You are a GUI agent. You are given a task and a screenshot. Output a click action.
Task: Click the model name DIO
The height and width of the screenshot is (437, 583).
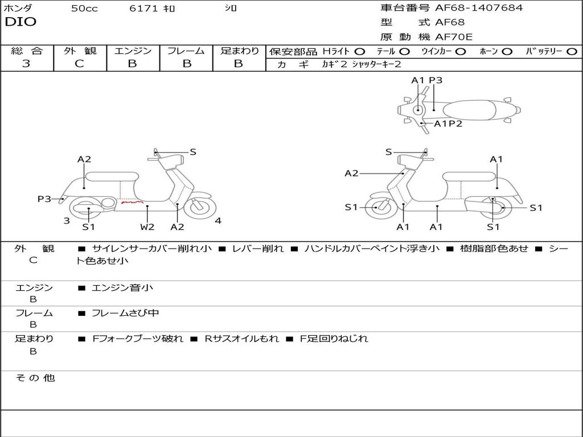click(20, 22)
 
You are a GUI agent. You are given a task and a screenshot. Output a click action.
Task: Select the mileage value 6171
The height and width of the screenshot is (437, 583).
click(143, 9)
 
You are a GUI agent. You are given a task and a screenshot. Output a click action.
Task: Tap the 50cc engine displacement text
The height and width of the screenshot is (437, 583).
click(84, 9)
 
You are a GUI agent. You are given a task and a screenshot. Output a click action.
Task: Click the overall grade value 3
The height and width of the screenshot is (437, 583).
click(26, 64)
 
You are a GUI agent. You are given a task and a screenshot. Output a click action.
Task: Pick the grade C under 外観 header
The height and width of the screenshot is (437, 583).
click(79, 64)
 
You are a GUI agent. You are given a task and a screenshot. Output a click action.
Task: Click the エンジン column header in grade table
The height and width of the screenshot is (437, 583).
click(133, 51)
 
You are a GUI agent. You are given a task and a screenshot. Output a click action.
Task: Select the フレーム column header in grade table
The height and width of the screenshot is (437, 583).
click(186, 51)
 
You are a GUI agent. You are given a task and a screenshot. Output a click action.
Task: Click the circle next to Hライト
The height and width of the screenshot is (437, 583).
click(360, 51)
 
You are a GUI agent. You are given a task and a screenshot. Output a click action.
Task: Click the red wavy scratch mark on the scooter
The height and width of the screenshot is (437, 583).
click(132, 201)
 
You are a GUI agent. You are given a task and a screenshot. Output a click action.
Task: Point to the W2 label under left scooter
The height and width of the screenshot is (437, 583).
click(147, 227)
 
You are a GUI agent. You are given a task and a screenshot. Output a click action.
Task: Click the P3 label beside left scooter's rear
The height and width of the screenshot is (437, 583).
click(44, 199)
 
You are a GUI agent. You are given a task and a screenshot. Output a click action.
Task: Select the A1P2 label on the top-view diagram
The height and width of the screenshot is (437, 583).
click(448, 123)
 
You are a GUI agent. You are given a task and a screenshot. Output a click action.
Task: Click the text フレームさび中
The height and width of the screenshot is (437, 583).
click(125, 313)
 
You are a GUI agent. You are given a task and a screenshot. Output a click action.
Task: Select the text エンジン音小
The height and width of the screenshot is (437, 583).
click(122, 288)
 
